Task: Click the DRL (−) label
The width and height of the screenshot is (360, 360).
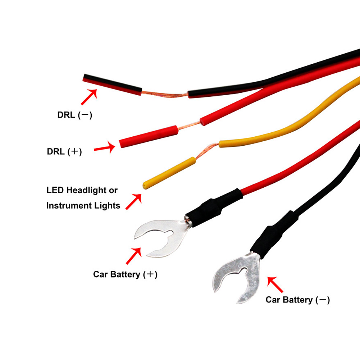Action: pos(75,116)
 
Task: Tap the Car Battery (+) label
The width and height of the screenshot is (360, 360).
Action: pos(125,274)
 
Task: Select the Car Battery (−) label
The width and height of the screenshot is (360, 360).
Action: pos(297,300)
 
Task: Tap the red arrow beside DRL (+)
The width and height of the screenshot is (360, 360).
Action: pos(104,147)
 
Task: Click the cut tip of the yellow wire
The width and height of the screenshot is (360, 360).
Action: pos(145,186)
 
